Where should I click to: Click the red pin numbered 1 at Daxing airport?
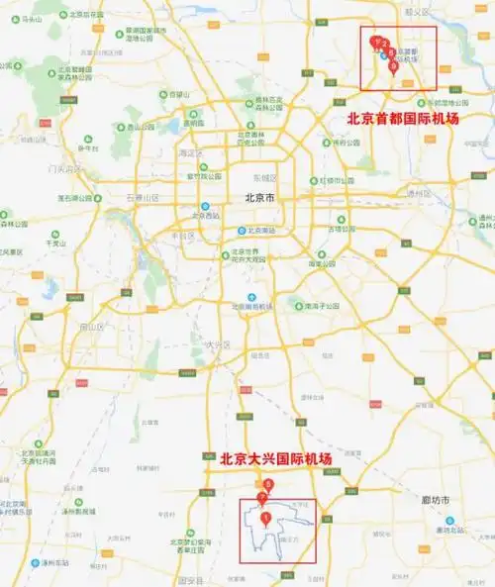pos(264,518)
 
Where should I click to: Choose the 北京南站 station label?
pos(259,231)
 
